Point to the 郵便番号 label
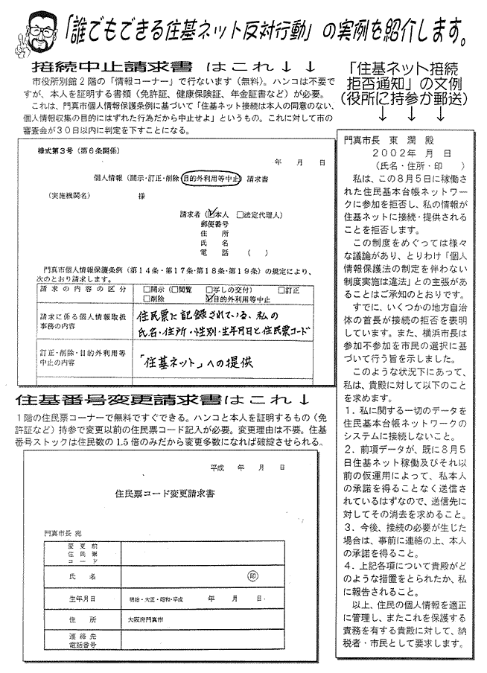213,223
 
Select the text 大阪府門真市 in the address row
150,619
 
